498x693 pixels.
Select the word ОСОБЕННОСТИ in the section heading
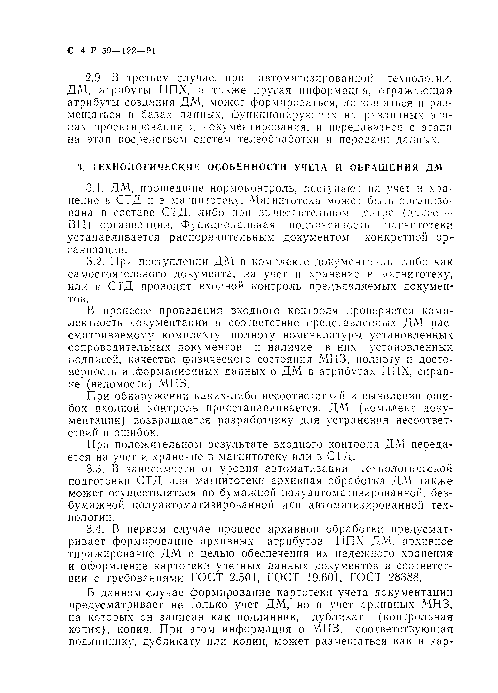coord(247,167)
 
